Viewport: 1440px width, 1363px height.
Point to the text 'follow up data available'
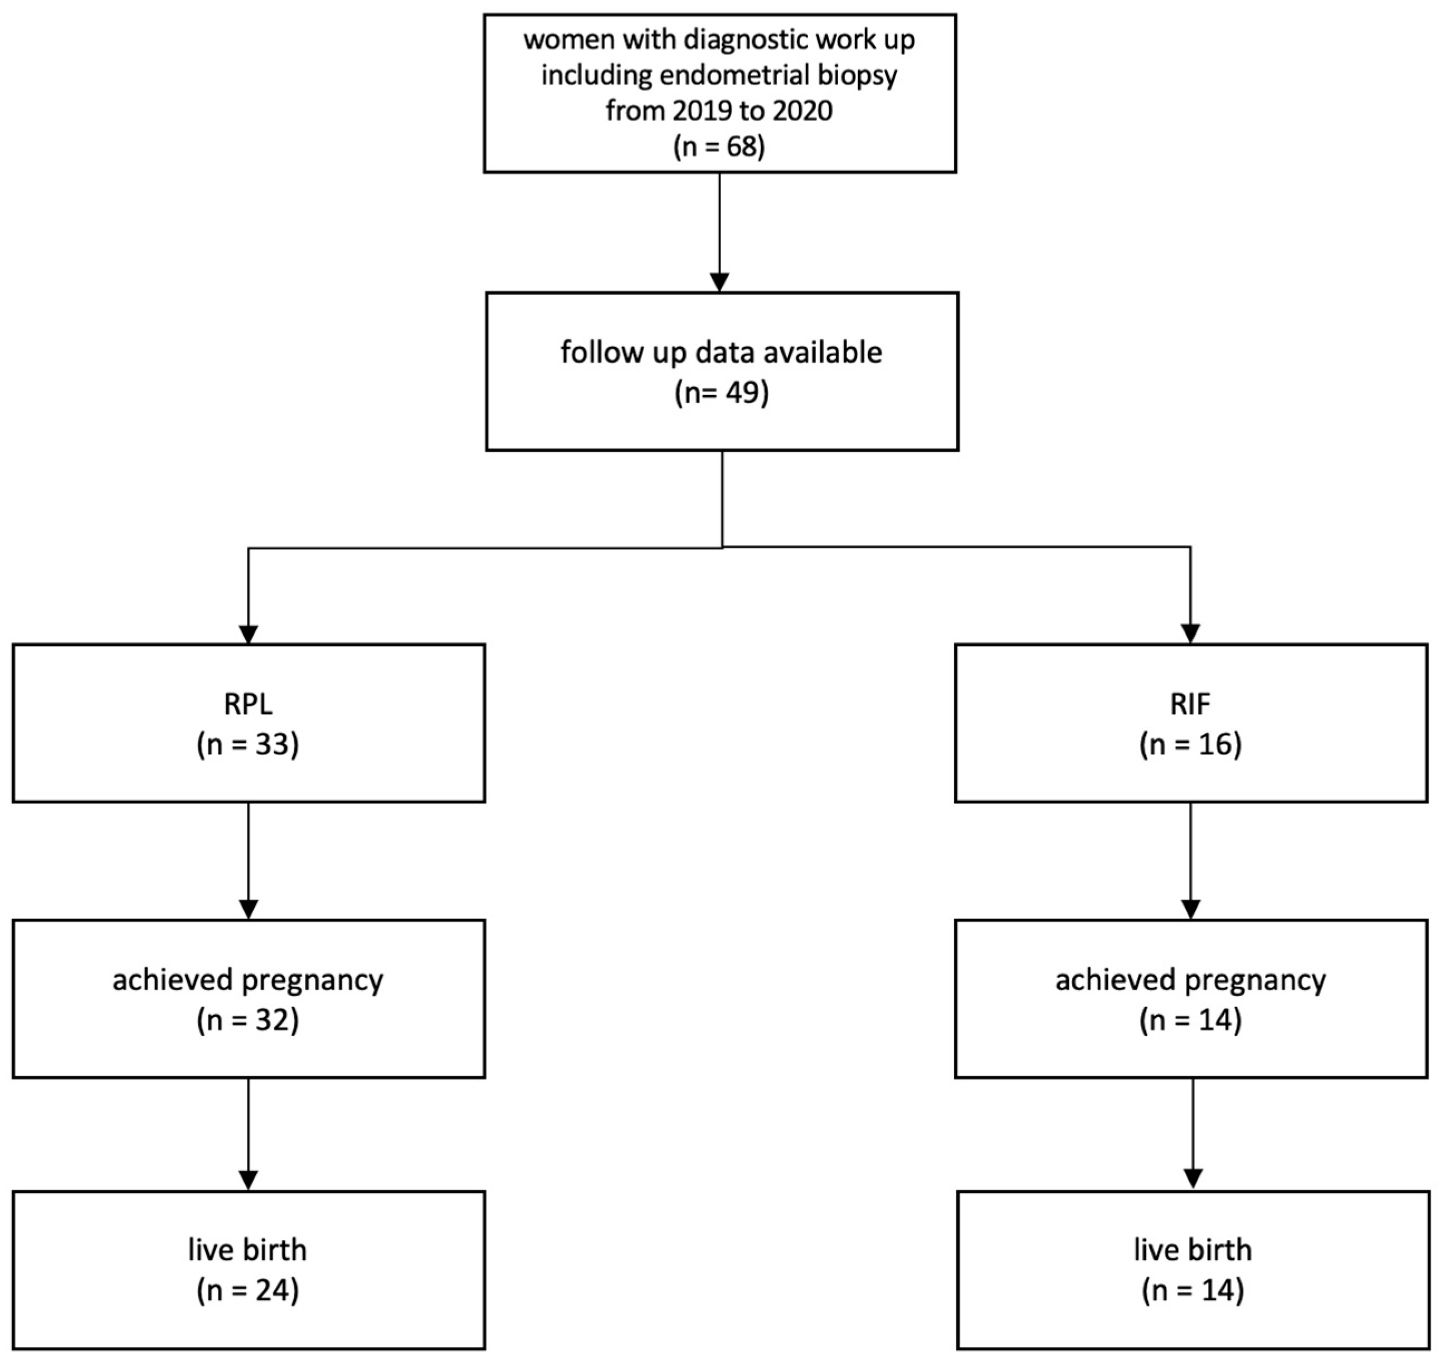(721, 352)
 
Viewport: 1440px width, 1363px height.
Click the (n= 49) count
(721, 393)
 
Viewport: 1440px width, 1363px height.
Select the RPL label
(248, 704)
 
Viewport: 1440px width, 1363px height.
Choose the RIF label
(1190, 704)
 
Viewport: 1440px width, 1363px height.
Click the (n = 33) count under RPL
(248, 744)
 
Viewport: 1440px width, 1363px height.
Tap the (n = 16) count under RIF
(1190, 744)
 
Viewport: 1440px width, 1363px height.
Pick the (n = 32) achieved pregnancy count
(248, 1021)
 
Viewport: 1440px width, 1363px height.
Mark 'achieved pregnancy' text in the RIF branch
(1190, 980)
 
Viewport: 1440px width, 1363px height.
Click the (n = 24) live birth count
(248, 1291)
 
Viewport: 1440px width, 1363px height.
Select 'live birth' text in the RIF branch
(1192, 1250)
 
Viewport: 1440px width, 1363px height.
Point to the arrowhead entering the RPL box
(249, 634)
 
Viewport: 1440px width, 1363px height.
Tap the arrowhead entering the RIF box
(1190, 634)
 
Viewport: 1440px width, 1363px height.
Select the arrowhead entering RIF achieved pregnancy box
(1190, 909)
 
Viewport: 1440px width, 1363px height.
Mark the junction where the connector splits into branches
(722, 547)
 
